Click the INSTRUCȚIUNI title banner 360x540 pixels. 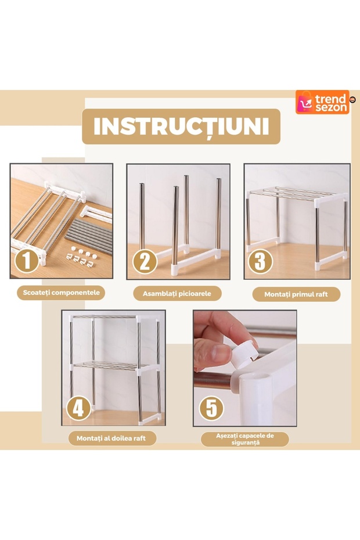click(x=181, y=127)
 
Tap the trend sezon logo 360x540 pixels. click(x=323, y=102)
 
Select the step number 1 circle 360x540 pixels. click(x=26, y=260)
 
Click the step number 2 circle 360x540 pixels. click(x=144, y=261)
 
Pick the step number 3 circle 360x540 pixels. click(x=260, y=261)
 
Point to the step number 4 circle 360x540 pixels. click(x=78, y=408)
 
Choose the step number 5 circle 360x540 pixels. click(x=211, y=408)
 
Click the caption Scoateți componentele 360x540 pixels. click(x=61, y=293)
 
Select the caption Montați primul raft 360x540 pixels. click(x=296, y=294)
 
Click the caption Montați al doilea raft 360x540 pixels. click(x=111, y=438)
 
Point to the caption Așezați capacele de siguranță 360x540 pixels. click(x=244, y=439)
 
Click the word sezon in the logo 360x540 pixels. click(x=330, y=107)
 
